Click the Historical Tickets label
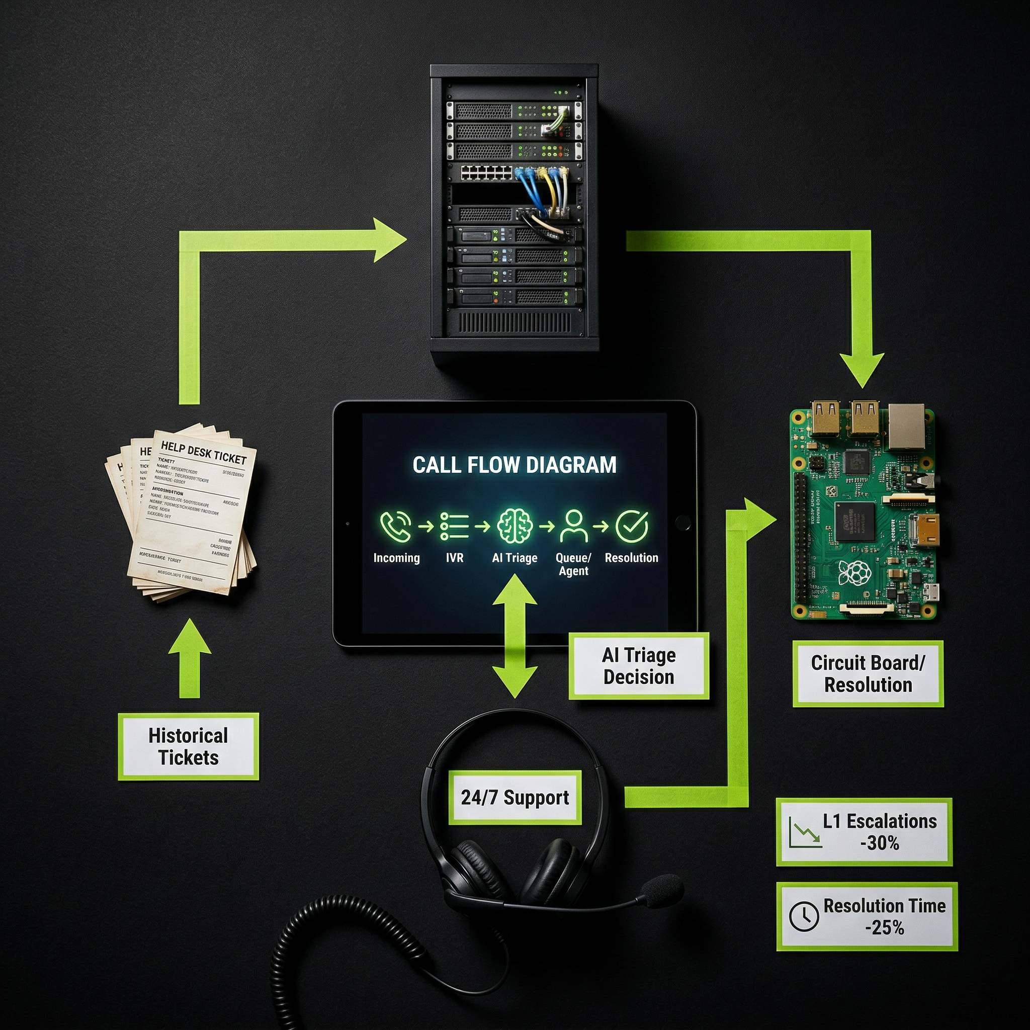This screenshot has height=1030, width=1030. [188, 746]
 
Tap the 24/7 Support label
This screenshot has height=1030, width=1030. [514, 798]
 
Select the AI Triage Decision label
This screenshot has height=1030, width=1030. [639, 666]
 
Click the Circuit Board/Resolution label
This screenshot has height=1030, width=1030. [868, 674]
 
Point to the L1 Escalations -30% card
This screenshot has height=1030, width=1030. [864, 832]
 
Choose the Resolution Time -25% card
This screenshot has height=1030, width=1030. [867, 916]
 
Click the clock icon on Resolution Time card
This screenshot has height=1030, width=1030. [803, 916]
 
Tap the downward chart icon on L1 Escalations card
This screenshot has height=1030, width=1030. [806, 833]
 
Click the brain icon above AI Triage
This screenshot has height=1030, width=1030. [514, 526]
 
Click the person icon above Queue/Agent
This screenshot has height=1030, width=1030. [574, 526]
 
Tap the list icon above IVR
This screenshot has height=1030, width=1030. [454, 526]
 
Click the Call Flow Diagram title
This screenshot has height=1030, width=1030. [514, 465]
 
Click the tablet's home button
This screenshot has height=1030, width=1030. [682, 522]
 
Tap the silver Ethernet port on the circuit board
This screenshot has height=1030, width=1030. [906, 426]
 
